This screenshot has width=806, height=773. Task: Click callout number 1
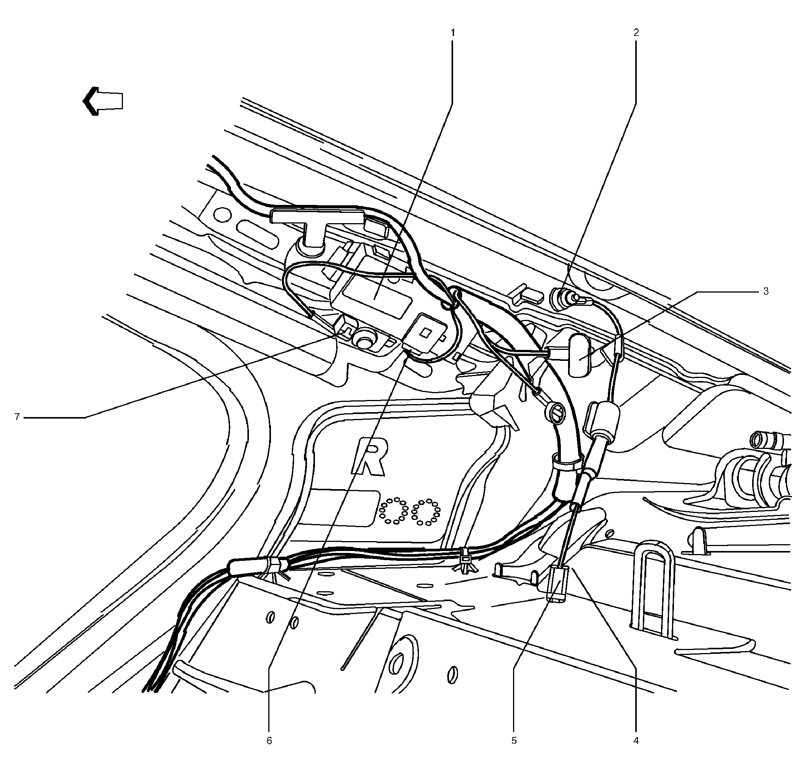click(453, 33)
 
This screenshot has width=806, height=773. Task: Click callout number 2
click(636, 33)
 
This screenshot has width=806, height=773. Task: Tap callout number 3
click(766, 291)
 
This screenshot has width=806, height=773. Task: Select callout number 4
click(636, 740)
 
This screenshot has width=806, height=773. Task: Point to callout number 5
click(514, 740)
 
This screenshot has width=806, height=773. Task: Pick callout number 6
click(269, 740)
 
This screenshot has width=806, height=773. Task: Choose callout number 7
click(17, 417)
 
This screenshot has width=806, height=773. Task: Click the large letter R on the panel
click(369, 457)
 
